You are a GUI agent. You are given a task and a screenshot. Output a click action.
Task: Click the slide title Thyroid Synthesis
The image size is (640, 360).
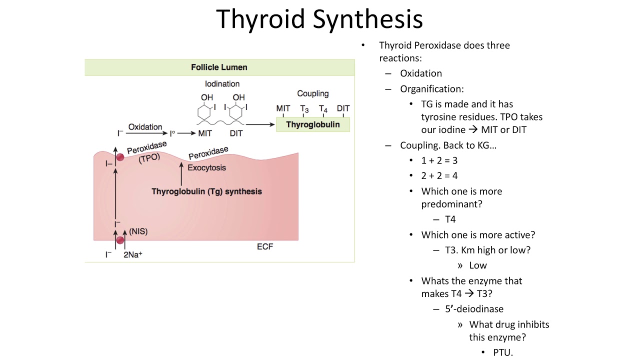click(x=319, y=19)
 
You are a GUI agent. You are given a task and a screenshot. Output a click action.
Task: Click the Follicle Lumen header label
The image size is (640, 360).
click(x=219, y=67)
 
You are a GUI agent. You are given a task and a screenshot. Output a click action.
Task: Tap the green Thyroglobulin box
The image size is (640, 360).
click(x=312, y=124)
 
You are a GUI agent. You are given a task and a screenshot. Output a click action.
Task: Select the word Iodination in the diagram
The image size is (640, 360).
click(x=222, y=84)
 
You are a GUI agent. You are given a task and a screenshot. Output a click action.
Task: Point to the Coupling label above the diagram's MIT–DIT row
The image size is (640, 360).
click(x=312, y=93)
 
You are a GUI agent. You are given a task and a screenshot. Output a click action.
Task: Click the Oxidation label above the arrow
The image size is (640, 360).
click(x=145, y=127)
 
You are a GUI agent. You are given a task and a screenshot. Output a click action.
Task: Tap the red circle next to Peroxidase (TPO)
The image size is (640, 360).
click(x=120, y=157)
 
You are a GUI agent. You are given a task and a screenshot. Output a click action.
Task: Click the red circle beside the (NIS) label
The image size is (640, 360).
click(x=120, y=240)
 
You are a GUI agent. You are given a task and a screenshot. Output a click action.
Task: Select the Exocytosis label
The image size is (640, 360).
click(x=206, y=167)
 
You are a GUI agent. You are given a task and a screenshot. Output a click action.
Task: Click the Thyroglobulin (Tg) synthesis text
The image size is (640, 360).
click(x=206, y=191)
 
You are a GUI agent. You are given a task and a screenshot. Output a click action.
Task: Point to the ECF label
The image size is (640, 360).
click(x=265, y=246)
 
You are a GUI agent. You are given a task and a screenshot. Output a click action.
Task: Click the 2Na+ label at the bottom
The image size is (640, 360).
click(x=133, y=254)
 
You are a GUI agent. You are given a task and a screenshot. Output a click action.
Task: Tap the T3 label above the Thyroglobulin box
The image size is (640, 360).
click(x=304, y=108)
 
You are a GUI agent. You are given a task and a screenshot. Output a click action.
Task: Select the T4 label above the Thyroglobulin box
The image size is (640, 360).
click(x=323, y=108)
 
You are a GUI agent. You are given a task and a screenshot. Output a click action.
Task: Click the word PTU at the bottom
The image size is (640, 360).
click(x=503, y=352)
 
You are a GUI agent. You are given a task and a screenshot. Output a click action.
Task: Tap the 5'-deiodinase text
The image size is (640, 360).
click(x=474, y=309)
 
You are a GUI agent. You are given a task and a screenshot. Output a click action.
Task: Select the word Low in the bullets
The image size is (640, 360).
click(x=478, y=265)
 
